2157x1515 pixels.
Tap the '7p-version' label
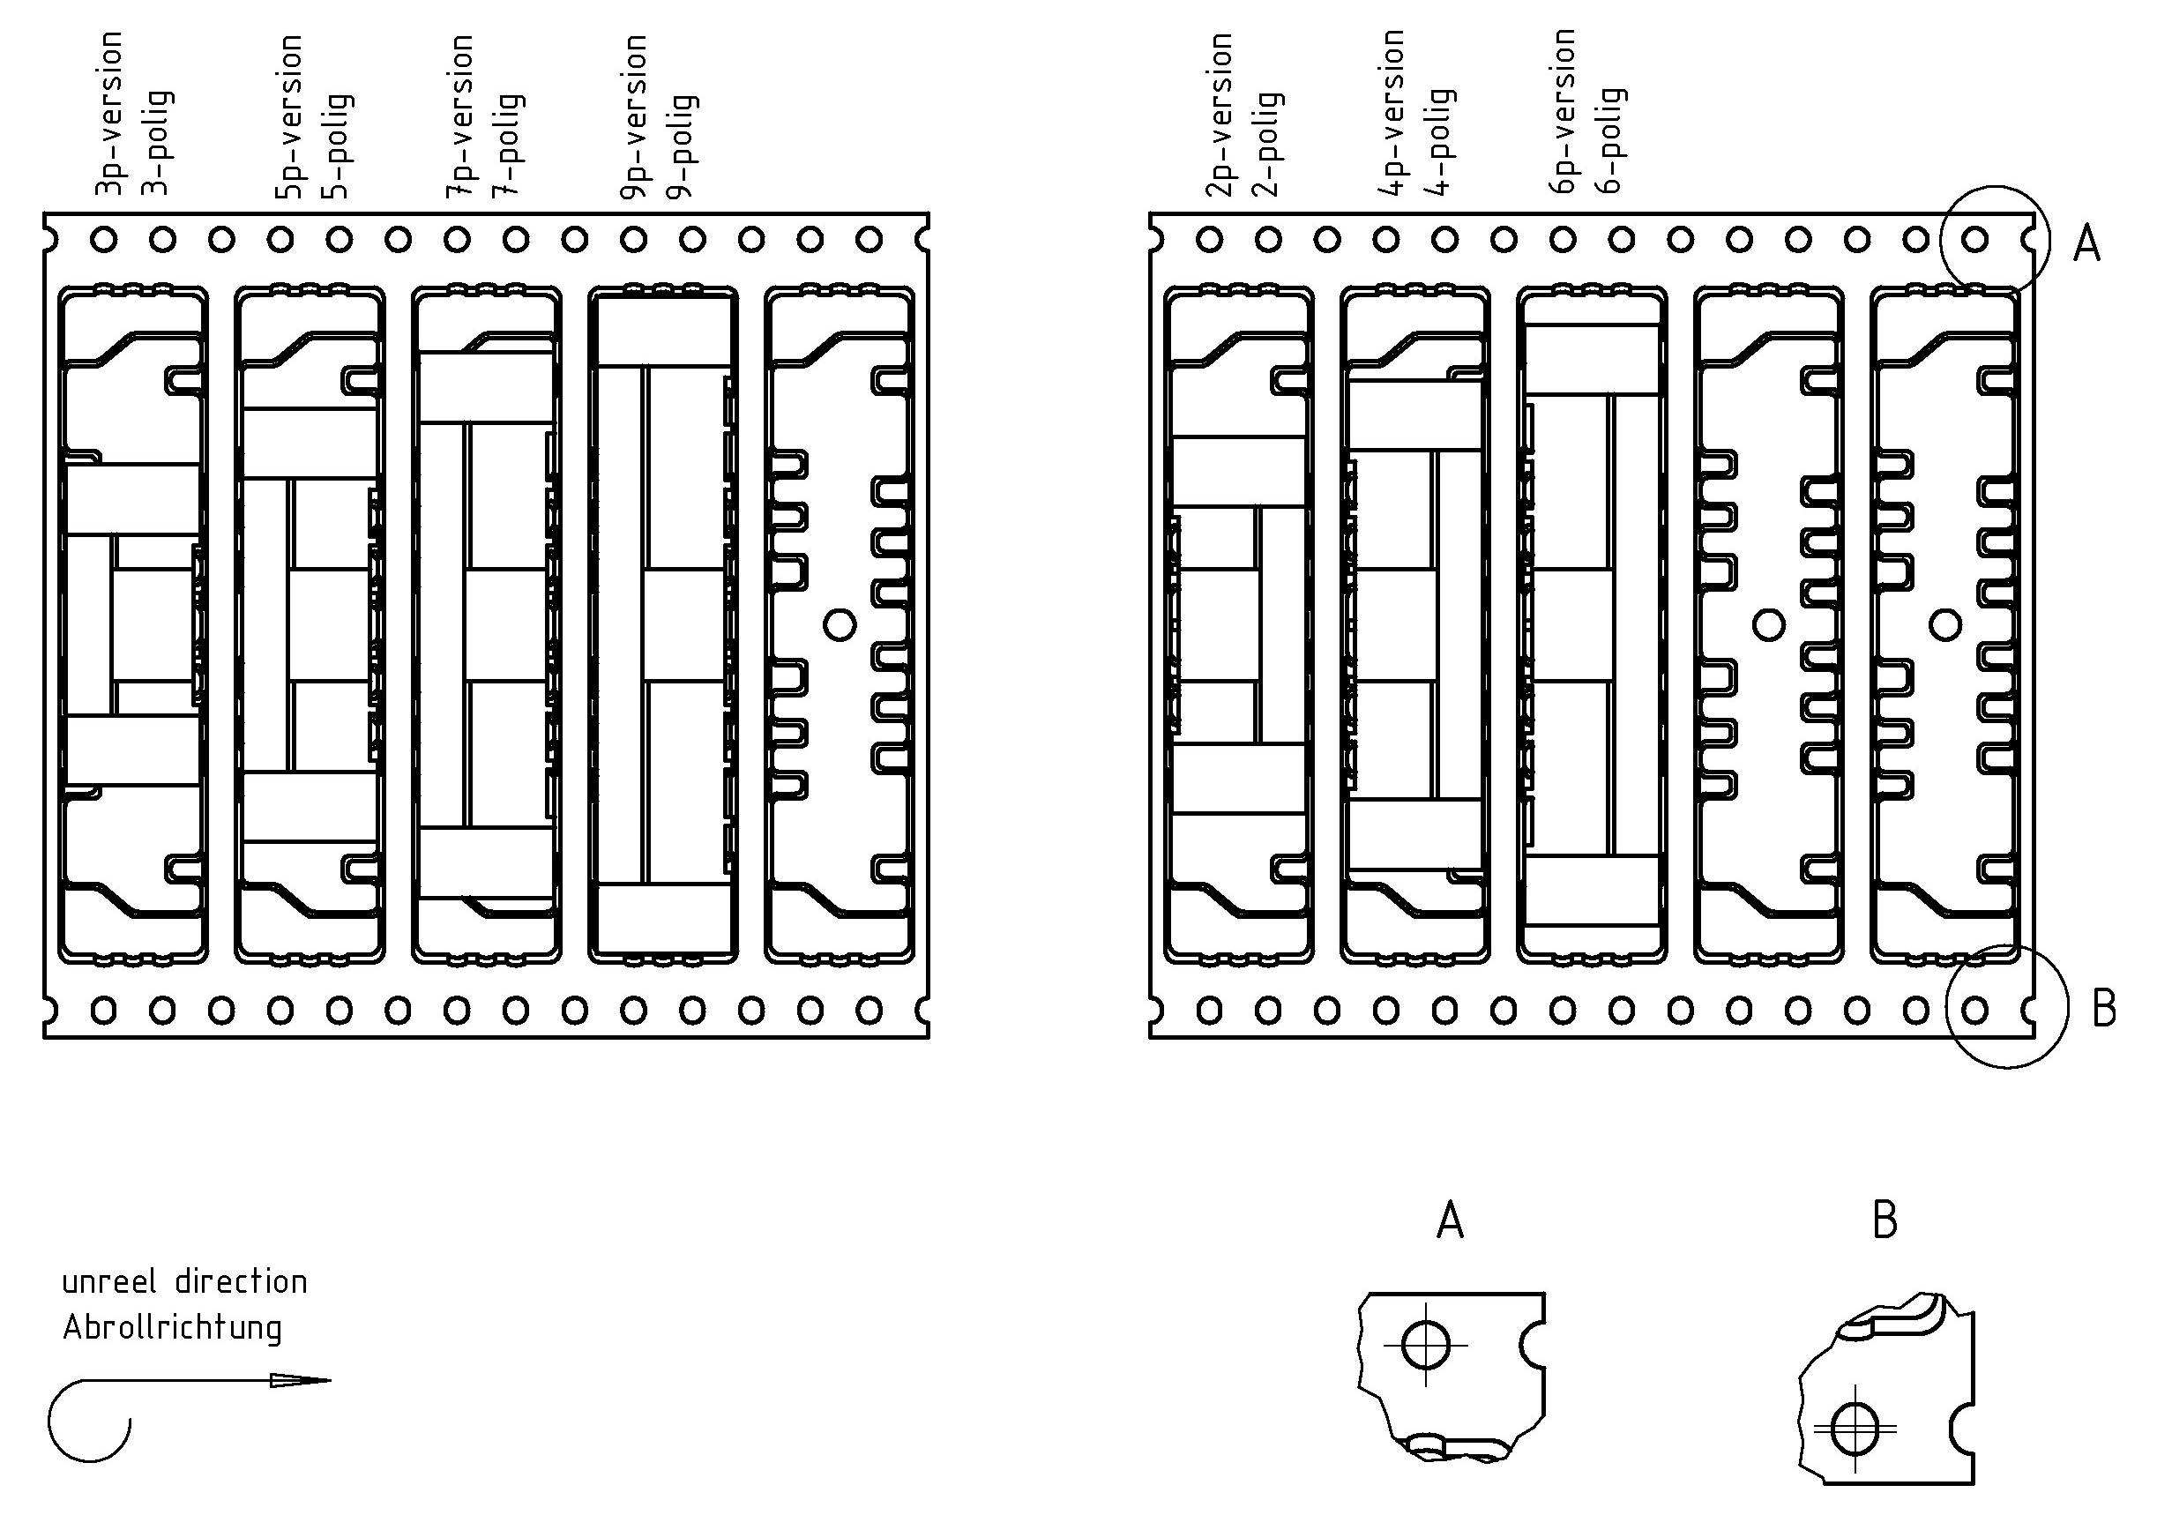click(460, 116)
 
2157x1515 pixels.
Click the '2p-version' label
click(1220, 115)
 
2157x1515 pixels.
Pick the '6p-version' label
click(1563, 111)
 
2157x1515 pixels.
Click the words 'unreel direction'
click(184, 1282)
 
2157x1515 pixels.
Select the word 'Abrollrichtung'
click(172, 1328)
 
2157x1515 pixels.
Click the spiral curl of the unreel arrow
click(89, 1423)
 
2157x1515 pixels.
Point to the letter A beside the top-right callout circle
click(2086, 244)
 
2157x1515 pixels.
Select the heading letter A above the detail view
click(1451, 1221)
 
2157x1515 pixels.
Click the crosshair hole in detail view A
click(1425, 1345)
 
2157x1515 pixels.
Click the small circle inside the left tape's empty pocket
click(839, 624)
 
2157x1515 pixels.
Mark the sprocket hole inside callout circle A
click(1974, 240)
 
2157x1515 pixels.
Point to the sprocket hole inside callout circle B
click(1974, 1011)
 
